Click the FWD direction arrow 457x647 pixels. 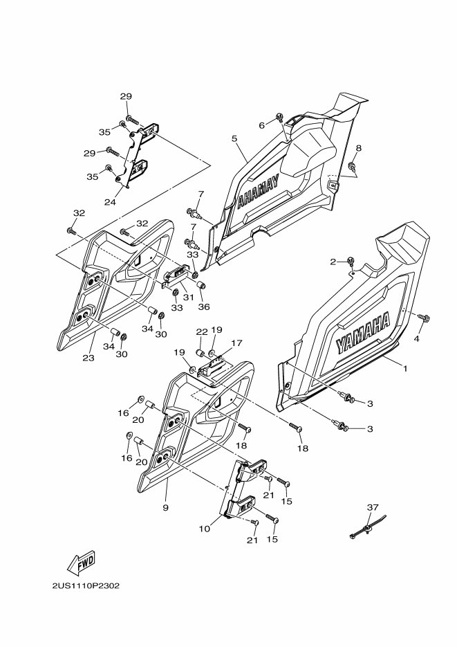point(80,561)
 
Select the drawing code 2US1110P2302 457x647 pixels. point(85,585)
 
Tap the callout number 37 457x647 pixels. point(373,507)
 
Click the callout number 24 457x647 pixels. point(109,202)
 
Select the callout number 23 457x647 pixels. point(88,358)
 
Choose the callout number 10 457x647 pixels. point(204,529)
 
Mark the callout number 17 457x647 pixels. point(237,343)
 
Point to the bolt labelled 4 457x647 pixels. point(423,317)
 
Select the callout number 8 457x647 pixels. point(358,148)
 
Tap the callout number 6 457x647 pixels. point(262,125)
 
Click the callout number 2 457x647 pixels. point(333,262)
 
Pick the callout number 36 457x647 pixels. point(204,307)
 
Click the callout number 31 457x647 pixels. point(187,297)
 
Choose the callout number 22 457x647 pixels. point(201,331)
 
